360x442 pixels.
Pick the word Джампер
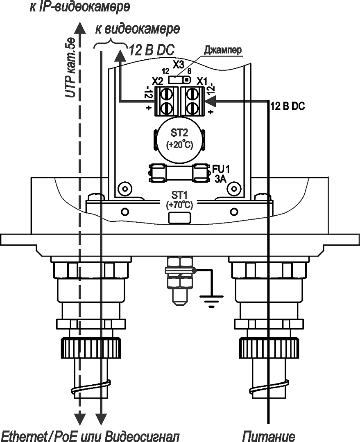[223, 50]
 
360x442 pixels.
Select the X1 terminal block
[192, 101]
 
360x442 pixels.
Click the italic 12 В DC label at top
[152, 50]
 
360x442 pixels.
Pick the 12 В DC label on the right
[288, 106]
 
